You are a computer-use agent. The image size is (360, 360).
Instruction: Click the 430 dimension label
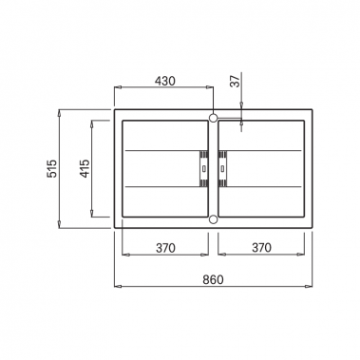[164, 82]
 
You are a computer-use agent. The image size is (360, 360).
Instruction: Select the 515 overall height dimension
[53, 169]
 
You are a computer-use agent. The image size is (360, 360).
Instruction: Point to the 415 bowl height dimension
[85, 169]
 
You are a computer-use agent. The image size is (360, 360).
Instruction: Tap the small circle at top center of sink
[213, 118]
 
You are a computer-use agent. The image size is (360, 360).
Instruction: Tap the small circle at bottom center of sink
[213, 220]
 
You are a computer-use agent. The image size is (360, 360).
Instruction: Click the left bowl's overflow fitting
[202, 169]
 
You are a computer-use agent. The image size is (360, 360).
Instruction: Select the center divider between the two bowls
[213, 169]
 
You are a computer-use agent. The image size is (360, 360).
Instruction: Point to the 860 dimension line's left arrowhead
[118, 287]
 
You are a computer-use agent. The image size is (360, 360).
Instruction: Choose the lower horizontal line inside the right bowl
[261, 187]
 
